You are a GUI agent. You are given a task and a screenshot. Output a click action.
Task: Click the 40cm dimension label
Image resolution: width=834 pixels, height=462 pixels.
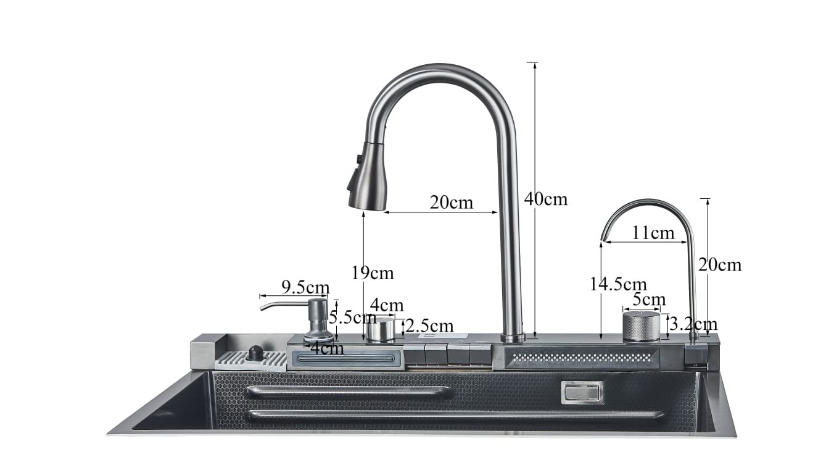[545, 199]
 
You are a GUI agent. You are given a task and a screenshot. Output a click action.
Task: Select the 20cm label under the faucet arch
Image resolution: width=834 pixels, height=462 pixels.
[452, 202]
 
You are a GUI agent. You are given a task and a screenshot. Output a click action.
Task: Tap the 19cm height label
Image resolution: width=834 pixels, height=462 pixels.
[372, 272]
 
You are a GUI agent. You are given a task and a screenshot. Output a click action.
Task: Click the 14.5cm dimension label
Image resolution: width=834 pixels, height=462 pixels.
[617, 284]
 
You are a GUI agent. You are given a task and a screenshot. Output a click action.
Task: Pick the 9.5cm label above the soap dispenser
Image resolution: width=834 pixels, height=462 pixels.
[305, 287]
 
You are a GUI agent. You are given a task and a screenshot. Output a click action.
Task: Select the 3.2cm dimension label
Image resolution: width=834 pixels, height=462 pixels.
[693, 324]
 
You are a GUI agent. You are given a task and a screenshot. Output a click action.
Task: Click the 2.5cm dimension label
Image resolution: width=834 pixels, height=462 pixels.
[429, 325]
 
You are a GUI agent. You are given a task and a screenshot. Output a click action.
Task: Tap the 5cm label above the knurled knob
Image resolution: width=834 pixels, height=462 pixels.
[649, 300]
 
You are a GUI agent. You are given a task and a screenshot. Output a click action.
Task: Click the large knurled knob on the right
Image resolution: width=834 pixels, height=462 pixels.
[641, 326]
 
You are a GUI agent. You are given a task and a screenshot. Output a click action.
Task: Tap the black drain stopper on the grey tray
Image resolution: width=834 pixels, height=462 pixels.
[254, 354]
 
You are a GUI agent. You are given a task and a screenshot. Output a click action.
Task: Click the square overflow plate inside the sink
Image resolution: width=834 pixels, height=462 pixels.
[582, 392]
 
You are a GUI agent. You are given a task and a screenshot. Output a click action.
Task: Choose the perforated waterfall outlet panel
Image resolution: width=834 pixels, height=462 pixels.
[581, 358]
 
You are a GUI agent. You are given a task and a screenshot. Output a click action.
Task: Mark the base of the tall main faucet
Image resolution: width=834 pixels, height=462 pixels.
[513, 337]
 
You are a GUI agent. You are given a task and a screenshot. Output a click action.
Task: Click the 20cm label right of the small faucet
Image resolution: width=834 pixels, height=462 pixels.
[719, 264]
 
